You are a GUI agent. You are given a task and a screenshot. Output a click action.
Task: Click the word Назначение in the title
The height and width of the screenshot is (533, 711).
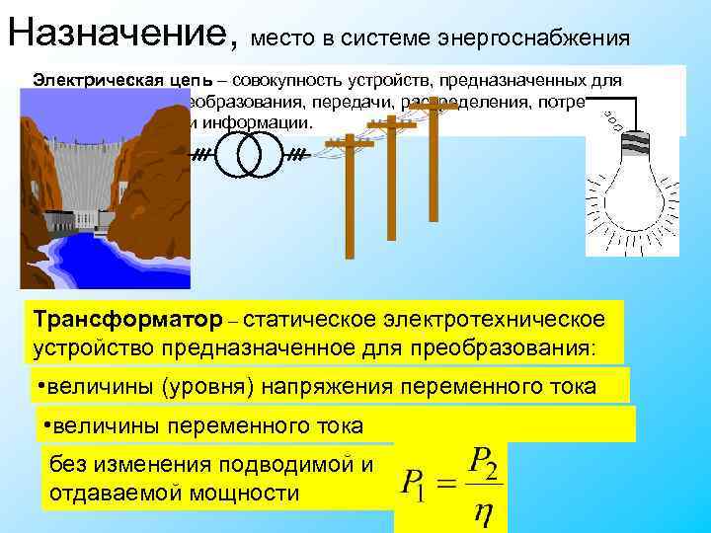coord(118,34)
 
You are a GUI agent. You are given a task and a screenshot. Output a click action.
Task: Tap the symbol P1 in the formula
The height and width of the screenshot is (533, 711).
coord(415,487)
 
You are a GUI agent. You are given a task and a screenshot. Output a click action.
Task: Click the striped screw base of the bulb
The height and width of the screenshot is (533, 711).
coord(633,144)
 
